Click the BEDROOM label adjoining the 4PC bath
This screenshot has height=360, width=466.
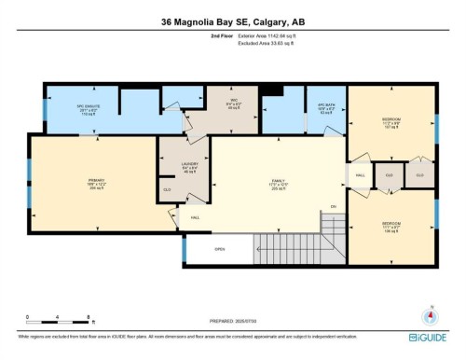pos(392,122)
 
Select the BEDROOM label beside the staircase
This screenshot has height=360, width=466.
pos(392,226)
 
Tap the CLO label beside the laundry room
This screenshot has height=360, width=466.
pos(168,190)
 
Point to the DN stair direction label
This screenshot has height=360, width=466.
pos(334,206)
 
